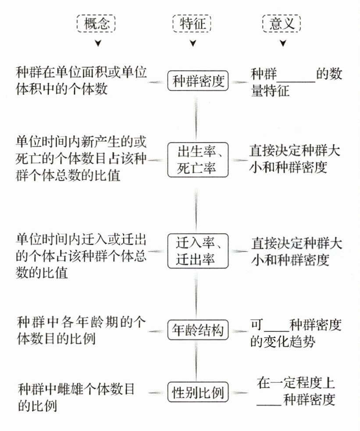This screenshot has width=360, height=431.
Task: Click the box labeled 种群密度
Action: (x=198, y=81)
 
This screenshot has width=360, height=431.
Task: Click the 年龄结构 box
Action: (x=198, y=330)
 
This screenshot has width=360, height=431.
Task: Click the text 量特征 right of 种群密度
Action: (x=270, y=92)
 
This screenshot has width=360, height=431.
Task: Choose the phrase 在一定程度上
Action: (x=296, y=384)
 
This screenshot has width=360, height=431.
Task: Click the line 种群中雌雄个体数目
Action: (x=76, y=389)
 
